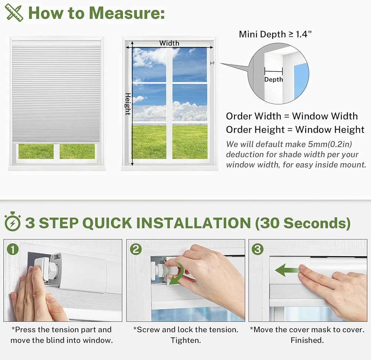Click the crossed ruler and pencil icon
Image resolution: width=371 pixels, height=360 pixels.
coord(14,13)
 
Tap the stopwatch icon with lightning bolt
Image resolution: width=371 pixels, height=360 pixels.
coord(13,221)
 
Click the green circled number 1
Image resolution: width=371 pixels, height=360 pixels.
coord(13,249)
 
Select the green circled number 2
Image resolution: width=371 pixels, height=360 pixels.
coord(136,249)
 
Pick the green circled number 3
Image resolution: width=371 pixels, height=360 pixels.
coord(257,249)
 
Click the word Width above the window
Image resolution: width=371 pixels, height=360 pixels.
coord(169,43)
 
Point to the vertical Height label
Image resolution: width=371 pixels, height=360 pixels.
coord(128,104)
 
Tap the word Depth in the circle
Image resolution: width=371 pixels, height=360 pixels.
coord(273,79)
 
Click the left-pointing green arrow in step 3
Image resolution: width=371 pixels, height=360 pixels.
coord(287,270)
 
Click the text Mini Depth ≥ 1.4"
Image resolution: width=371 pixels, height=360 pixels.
coord(275,34)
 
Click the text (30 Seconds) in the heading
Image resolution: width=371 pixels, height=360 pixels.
coord(303,223)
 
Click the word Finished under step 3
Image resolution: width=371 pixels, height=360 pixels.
coord(307,340)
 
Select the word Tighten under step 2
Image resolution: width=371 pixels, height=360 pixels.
coord(186,340)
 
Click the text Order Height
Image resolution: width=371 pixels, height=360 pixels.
coord(255,130)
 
